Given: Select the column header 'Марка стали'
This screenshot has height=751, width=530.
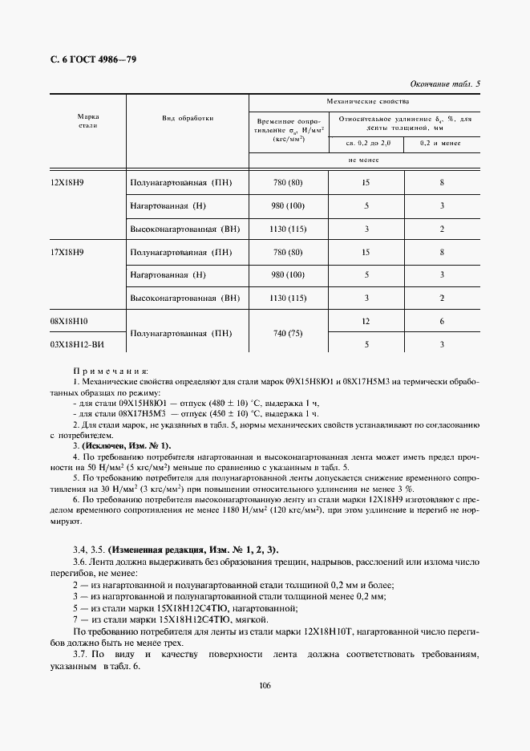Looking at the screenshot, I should (x=88, y=121).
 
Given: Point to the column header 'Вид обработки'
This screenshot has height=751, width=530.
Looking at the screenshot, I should (x=188, y=117).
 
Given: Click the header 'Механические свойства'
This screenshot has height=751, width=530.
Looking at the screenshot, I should (x=365, y=102).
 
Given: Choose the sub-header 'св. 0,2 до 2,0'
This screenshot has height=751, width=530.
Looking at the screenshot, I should (x=365, y=143).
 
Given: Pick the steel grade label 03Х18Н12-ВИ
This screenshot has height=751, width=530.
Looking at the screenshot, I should (x=77, y=345).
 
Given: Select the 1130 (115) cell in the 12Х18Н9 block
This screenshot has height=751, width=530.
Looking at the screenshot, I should (x=287, y=229).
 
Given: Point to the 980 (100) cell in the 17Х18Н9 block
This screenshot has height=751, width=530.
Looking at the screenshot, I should (x=287, y=275).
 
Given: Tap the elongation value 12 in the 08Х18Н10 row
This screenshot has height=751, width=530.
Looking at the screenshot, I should (x=366, y=321).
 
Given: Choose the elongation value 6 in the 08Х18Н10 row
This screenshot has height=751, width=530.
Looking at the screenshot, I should (x=442, y=321).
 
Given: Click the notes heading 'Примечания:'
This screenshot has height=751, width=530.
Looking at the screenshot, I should (x=111, y=372).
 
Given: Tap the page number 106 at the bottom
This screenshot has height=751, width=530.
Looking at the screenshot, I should (x=265, y=684).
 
